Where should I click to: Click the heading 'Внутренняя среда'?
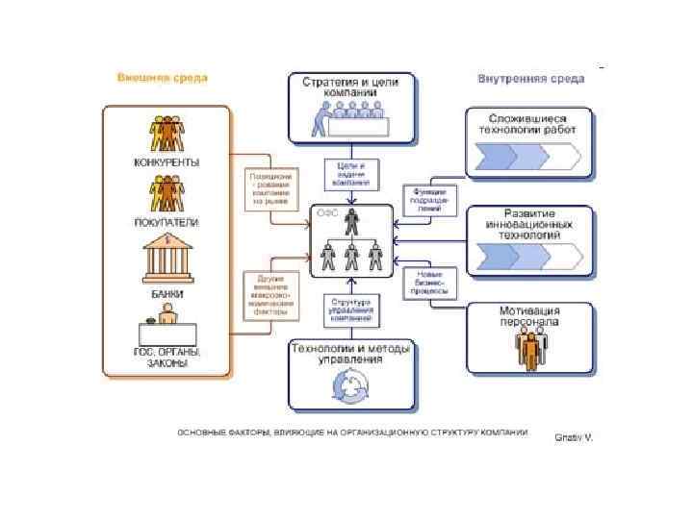[530, 78]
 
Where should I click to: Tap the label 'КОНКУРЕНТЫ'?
[166, 162]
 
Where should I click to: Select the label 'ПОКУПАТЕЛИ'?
[166, 222]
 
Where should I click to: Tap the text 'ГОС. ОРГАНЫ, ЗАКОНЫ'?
[167, 358]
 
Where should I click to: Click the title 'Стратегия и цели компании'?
[356, 86]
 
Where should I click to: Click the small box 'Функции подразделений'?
[429, 197]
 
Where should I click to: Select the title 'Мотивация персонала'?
[528, 316]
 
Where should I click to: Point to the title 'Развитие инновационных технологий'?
[528, 223]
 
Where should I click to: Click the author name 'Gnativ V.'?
[574, 437]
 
